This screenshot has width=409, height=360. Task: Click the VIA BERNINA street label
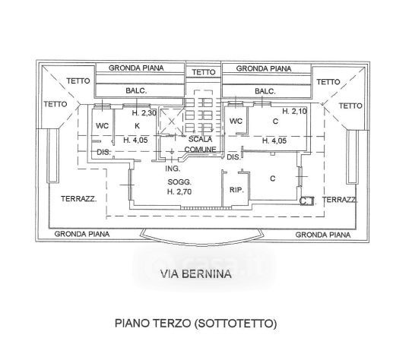[x=196, y=274]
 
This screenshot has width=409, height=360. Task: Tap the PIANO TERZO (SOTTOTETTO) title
[x=196, y=324]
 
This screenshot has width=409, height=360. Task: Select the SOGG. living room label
[x=179, y=182]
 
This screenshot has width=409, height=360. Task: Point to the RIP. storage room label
[x=236, y=190]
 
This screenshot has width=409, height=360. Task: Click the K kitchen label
[x=137, y=126]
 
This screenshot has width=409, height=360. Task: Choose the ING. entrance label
[x=173, y=169]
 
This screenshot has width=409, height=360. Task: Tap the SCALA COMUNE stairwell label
[x=201, y=144]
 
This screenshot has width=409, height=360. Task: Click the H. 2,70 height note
[x=179, y=192]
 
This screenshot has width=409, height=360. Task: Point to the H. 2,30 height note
[x=144, y=113]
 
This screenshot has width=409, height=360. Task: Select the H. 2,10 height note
[x=294, y=112]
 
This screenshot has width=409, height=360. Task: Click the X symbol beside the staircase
[x=172, y=122]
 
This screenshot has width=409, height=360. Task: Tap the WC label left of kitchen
[x=102, y=126]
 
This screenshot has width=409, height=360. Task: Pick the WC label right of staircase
[x=236, y=122]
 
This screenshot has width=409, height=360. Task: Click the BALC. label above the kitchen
[x=136, y=90]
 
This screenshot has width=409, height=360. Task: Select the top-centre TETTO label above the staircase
[x=204, y=72]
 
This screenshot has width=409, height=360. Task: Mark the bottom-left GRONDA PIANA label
[x=82, y=234]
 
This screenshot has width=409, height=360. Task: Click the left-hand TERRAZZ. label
[x=79, y=199]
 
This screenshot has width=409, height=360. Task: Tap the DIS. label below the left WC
[x=104, y=152]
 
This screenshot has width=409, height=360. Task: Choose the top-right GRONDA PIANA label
[x=264, y=68]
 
